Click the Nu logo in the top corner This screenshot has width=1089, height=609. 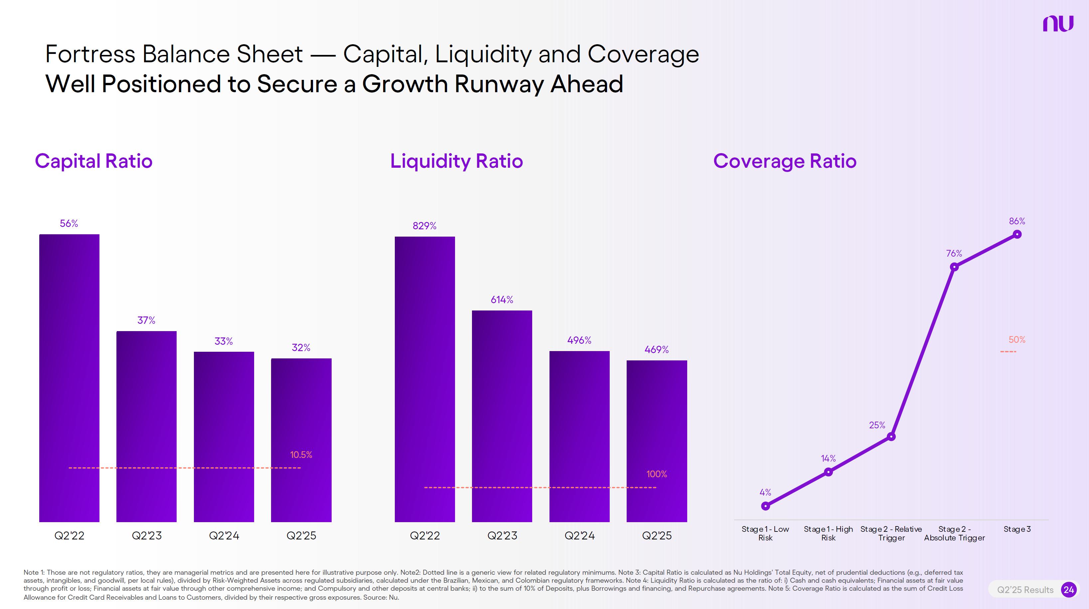click(1058, 24)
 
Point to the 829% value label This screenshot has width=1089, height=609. click(424, 226)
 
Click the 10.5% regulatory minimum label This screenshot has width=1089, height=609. click(301, 455)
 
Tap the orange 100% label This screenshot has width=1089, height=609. click(657, 474)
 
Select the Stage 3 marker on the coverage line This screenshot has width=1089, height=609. click(1017, 234)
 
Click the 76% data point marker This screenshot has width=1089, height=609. click(954, 267)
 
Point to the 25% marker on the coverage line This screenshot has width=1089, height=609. click(891, 437)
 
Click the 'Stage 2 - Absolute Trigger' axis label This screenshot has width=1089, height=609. click(954, 533)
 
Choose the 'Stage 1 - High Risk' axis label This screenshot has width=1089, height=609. click(828, 533)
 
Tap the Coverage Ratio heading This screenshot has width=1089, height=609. click(785, 161)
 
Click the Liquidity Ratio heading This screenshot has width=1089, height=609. click(457, 161)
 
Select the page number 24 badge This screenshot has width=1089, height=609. click(1068, 590)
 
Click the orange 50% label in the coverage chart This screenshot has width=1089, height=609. click(1017, 339)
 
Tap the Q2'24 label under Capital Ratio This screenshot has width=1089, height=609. click(224, 536)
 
